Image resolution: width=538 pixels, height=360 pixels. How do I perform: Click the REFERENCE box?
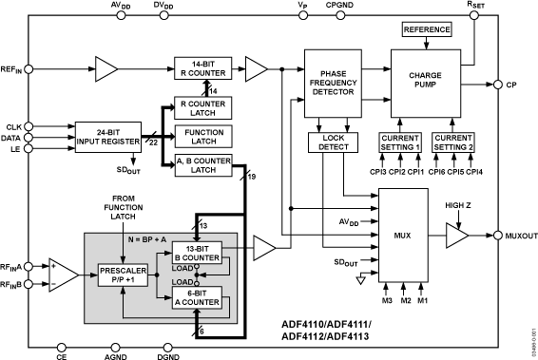click(427, 30)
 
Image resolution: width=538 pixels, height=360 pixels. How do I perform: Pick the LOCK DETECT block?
click(328, 142)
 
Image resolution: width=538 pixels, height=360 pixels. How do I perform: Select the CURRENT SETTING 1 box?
click(399, 142)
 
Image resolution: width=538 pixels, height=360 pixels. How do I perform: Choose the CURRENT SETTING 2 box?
click(453, 142)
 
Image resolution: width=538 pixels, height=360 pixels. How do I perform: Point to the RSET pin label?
click(473, 6)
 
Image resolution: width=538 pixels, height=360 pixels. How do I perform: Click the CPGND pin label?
click(339, 6)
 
